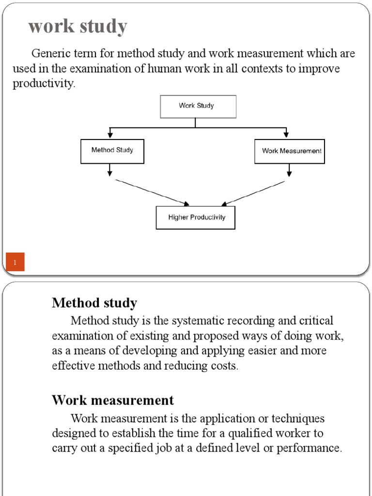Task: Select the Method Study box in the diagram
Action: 112,151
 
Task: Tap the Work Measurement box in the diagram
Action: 290,151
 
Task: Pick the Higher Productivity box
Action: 196,218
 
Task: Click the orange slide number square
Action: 15,262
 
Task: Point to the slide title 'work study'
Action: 77,27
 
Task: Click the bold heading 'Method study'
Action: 94,303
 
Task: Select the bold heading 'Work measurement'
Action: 113,401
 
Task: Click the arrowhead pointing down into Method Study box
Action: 110,134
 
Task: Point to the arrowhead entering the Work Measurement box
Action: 287,134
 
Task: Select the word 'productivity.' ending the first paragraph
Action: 44,84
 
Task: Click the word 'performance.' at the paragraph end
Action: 313,448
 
